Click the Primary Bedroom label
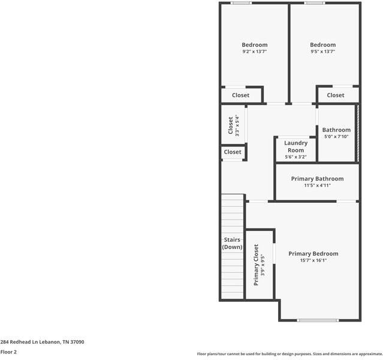coord(313,254)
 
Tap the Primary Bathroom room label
coord(317,179)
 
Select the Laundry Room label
coord(295,146)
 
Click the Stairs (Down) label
coord(232,244)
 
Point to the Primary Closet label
coord(256,265)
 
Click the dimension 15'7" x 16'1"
coord(313,260)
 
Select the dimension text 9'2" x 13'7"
coord(254,52)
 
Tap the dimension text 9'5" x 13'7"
coord(322,52)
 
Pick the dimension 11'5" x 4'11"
coord(317,185)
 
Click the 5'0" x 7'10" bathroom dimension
coord(336,137)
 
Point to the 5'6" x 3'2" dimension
coord(295,157)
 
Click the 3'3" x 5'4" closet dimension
coord(237,126)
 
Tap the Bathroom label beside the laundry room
coord(336,130)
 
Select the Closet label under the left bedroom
coord(240,95)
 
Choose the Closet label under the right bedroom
coord(336,95)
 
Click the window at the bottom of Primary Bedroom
coord(318,320)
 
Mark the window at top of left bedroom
coord(242,3)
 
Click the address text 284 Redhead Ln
coord(42,342)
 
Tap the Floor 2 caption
coord(8,352)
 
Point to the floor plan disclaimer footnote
coord(289,354)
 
